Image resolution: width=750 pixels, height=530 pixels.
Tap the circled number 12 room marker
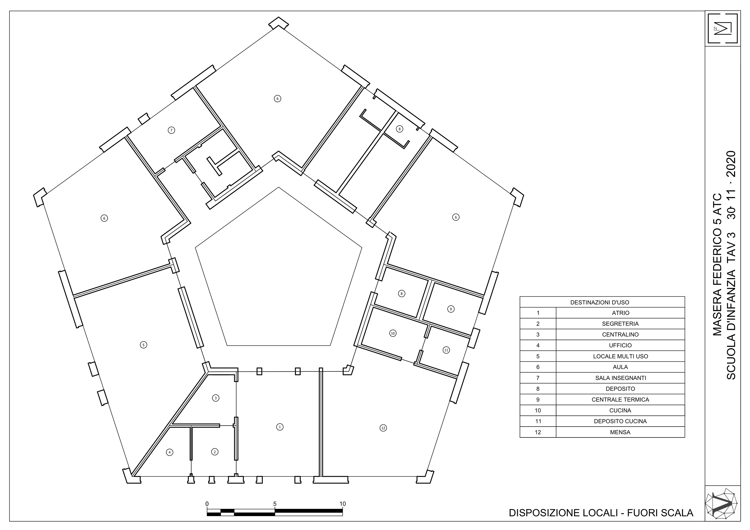point(383,428)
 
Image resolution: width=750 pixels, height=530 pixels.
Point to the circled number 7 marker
point(171,130)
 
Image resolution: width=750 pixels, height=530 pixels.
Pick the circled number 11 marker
point(446,350)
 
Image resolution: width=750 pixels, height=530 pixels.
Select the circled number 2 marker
point(215,452)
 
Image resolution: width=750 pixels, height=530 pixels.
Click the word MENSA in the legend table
point(620,432)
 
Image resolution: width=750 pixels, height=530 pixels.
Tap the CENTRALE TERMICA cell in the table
point(620,399)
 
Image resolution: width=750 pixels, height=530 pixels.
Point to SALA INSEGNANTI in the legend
point(620,378)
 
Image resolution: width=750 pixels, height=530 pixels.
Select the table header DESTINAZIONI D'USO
point(599,302)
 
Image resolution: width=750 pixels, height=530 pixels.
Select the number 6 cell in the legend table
point(538,367)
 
